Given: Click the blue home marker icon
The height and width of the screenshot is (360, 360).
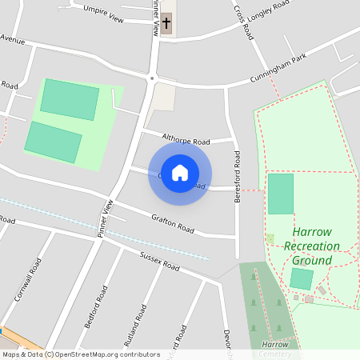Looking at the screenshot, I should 180,173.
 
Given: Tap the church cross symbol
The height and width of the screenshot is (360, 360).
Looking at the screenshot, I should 166,23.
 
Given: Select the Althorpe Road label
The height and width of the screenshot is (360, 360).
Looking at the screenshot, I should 185,137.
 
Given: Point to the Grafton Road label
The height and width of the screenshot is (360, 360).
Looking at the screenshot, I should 173,222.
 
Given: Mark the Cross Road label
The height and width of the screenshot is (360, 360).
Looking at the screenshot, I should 243,21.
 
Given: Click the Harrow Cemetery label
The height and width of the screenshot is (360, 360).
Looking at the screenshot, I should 274,349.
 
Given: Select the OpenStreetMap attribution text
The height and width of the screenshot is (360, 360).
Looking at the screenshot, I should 81,354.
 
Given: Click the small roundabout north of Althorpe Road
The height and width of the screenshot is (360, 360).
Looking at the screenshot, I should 151,78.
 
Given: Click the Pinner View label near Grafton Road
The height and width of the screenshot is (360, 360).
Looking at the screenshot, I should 106,218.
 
